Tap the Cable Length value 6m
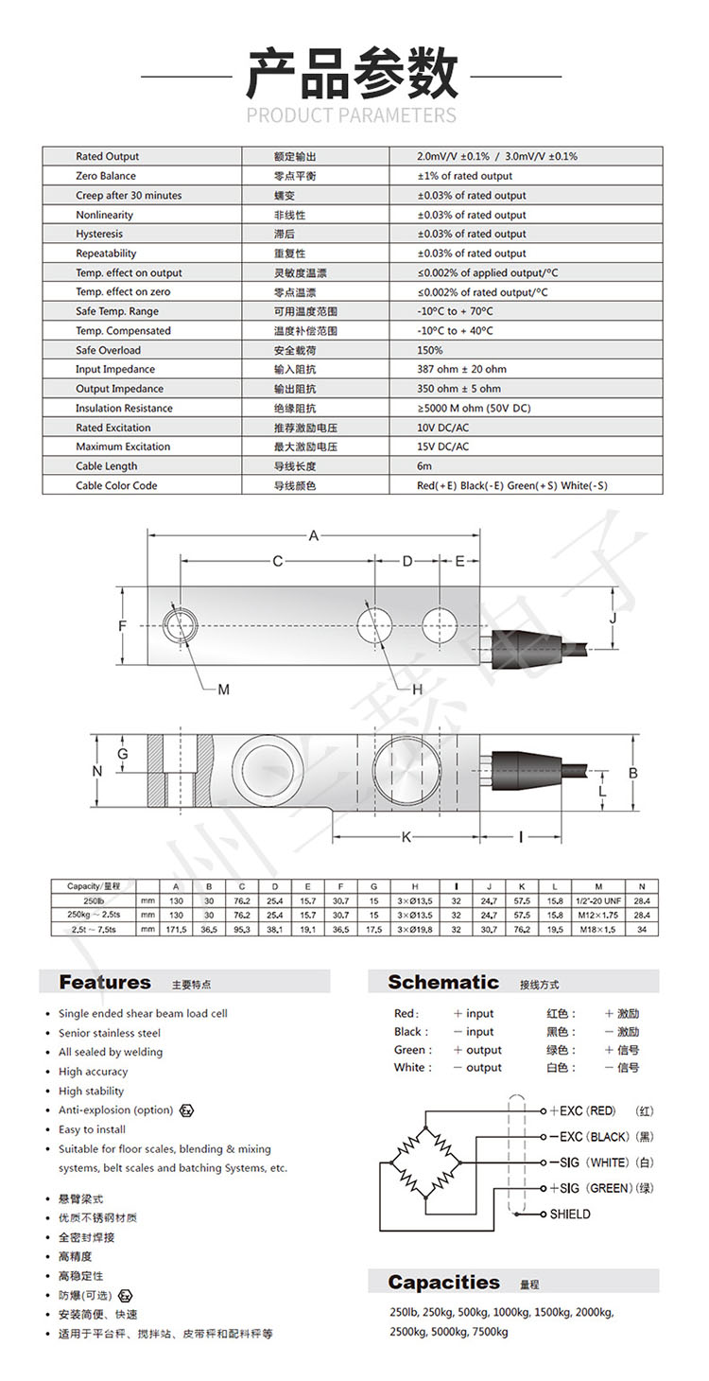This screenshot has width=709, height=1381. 424,466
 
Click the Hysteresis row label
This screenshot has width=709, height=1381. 99,234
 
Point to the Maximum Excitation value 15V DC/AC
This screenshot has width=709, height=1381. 442,446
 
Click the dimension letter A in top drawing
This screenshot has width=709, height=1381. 313,536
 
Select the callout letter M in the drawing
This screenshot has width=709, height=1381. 223,690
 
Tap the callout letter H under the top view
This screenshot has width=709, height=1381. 416,690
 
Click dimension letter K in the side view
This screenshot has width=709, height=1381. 406,836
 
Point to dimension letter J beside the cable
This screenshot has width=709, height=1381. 612,619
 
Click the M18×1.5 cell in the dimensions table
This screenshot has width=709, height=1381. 605,930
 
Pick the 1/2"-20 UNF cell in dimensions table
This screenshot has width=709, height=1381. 605,900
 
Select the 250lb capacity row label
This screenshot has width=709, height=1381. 93,900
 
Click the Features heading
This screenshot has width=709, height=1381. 105,982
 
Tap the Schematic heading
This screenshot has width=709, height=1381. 443,982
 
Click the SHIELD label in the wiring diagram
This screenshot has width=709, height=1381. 570,1214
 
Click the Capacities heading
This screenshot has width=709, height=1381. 443,1283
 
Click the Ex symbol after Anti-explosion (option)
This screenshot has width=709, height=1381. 187,1110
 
